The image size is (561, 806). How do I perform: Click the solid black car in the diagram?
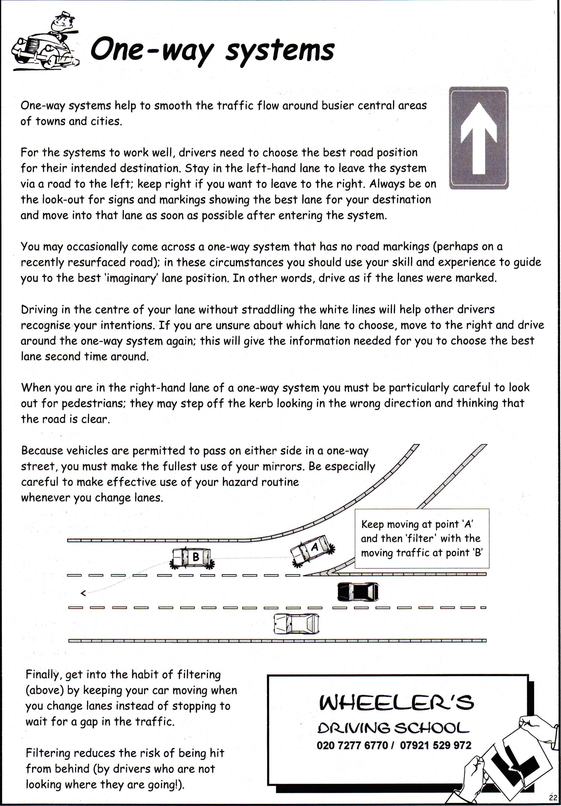pyautogui.click(x=358, y=592)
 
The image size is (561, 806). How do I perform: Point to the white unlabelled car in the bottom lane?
pyautogui.click(x=297, y=623)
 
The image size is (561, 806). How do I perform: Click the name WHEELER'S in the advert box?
pyautogui.click(x=396, y=702)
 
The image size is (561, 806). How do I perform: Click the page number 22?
pyautogui.click(x=553, y=798)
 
